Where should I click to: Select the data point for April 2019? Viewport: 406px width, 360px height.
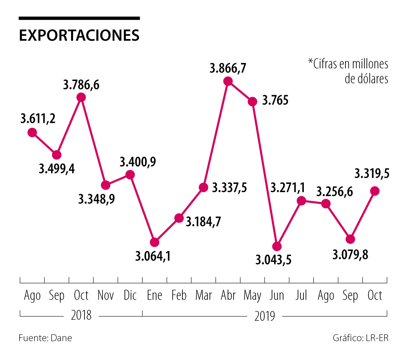click(228, 81)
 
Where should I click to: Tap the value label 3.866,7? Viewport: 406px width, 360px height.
click(228, 68)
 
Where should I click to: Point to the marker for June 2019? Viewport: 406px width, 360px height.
click(277, 246)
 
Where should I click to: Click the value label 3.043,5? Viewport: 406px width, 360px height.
click(273, 260)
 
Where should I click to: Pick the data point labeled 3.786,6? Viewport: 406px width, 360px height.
click(81, 98)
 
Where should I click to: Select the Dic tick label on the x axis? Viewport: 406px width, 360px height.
click(130, 295)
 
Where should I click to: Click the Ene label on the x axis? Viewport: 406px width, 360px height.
click(154, 295)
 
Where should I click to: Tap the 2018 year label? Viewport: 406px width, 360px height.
click(81, 315)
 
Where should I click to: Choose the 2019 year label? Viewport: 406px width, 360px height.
click(265, 316)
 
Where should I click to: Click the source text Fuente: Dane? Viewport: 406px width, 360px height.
click(45, 338)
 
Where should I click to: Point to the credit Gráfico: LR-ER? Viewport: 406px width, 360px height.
click(361, 338)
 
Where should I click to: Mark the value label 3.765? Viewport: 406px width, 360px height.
click(275, 101)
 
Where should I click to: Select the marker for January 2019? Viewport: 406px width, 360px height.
click(154, 242)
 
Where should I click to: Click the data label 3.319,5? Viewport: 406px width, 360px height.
click(372, 174)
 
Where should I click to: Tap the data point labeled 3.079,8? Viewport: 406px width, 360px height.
click(351, 239)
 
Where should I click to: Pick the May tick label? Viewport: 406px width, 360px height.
click(252, 296)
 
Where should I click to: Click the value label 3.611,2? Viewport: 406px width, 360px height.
click(38, 119)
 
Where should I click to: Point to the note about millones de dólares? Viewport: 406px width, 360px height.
click(348, 71)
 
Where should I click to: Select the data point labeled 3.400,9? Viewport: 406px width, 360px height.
click(130, 175)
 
